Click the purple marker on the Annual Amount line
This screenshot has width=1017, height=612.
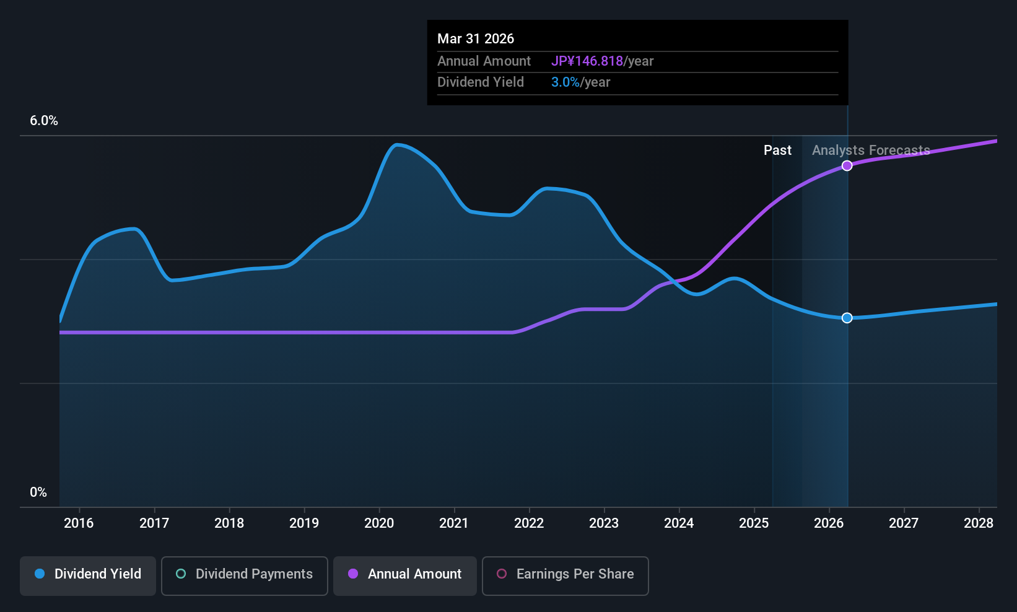[847, 165]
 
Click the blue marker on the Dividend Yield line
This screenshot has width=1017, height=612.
[847, 318]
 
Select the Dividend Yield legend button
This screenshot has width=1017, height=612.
[88, 574]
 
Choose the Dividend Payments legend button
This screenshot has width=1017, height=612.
[244, 574]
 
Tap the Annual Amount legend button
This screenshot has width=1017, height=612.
[405, 574]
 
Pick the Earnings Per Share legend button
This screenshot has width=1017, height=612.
[565, 574]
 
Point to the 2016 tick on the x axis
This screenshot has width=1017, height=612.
[79, 523]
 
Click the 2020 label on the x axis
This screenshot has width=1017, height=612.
[379, 523]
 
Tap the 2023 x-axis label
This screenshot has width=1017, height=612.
[604, 523]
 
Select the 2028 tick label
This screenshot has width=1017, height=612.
[979, 523]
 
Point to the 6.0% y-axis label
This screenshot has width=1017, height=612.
[44, 121]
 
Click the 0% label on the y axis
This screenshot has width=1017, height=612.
[38, 492]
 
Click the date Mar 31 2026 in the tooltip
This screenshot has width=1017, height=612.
[476, 38]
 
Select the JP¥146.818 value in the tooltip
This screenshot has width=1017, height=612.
[587, 61]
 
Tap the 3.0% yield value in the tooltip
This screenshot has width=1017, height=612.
[565, 82]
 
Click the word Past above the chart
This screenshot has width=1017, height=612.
[777, 150]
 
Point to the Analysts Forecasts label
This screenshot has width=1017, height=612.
[871, 150]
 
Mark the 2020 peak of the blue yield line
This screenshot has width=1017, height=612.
[397, 144]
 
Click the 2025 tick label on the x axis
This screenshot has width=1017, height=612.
[754, 523]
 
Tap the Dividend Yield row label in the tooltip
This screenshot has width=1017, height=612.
[481, 82]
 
